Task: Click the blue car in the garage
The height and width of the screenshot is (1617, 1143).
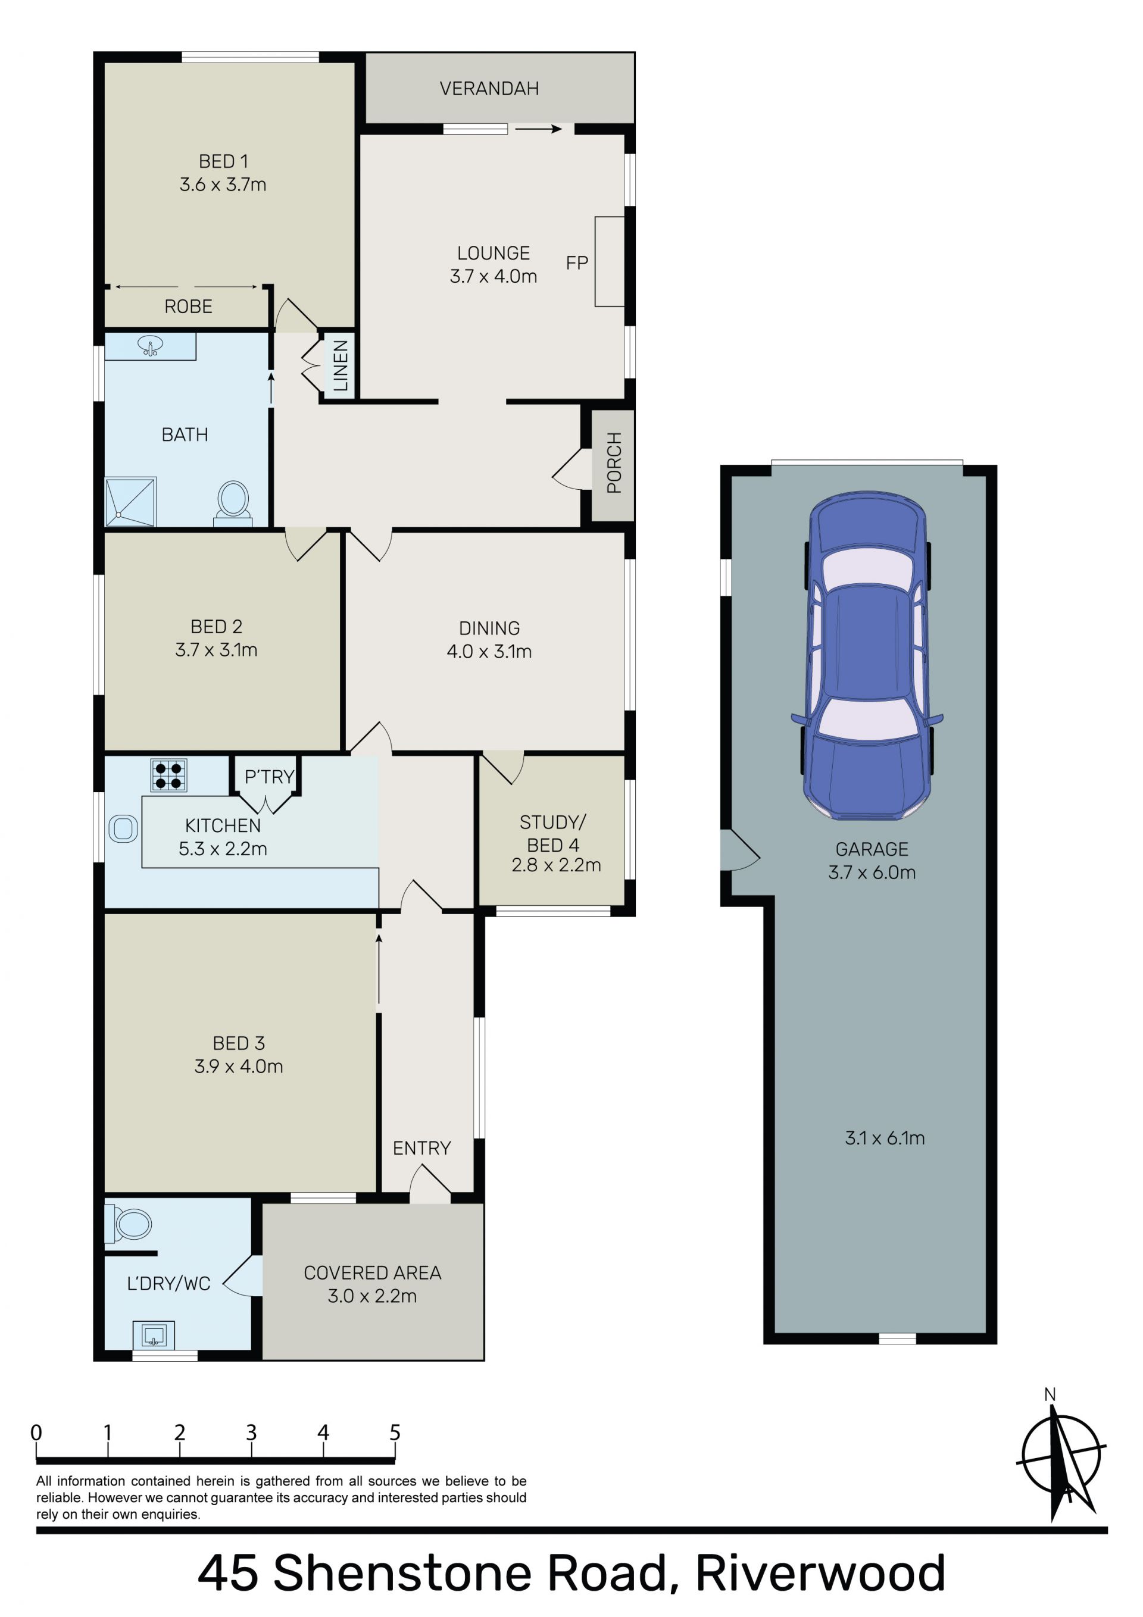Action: click(867, 655)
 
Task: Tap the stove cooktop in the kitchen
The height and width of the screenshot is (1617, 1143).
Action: click(169, 775)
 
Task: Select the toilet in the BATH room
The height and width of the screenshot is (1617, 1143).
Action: click(233, 503)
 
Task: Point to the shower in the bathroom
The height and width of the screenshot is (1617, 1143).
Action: click(130, 502)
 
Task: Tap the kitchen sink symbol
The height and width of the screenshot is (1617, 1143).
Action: click(123, 828)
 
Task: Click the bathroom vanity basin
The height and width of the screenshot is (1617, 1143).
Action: click(150, 346)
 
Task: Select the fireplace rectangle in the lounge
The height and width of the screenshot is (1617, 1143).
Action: click(610, 261)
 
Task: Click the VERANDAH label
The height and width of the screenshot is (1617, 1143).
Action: click(489, 89)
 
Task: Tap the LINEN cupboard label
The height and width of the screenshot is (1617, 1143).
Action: click(341, 365)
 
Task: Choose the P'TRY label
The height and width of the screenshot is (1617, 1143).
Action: click(268, 777)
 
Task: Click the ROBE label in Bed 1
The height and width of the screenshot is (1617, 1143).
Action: click(188, 306)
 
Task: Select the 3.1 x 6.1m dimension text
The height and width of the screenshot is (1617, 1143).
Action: click(885, 1138)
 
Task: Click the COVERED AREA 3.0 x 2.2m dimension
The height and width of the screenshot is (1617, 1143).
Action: click(372, 1296)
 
